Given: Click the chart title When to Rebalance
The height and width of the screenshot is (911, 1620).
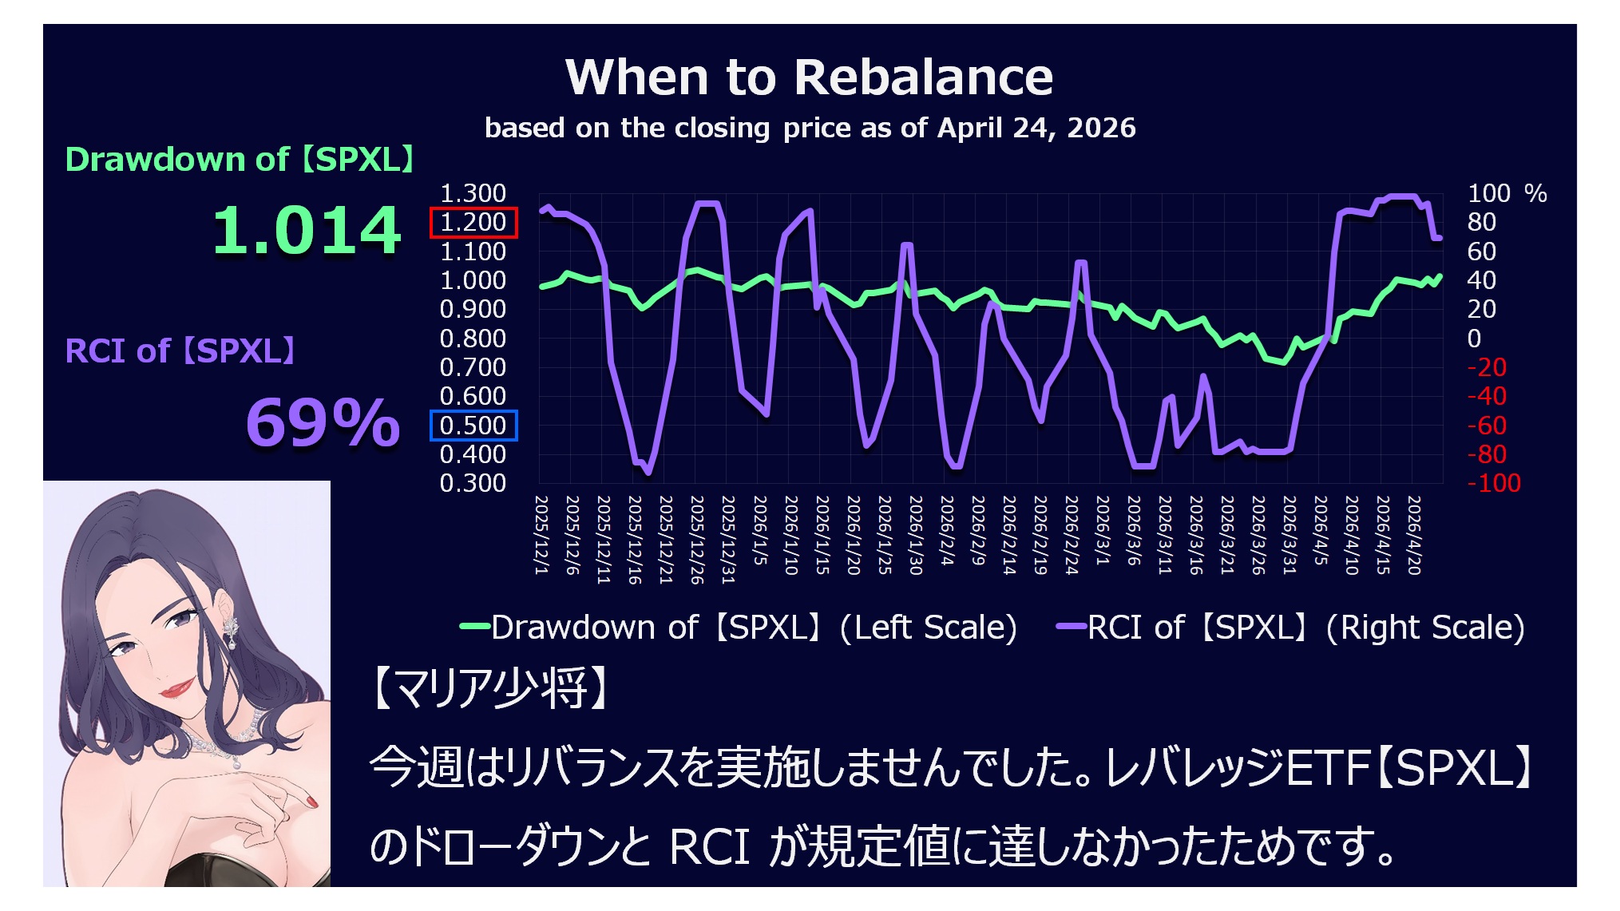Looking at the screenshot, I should (x=809, y=77).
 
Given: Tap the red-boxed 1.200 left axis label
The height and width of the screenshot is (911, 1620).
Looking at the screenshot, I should (x=473, y=222).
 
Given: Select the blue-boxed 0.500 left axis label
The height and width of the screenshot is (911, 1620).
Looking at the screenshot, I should (x=473, y=426).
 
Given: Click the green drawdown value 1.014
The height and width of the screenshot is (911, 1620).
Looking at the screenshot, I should (x=307, y=231).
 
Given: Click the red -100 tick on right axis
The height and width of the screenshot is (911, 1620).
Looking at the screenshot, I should (x=1494, y=483).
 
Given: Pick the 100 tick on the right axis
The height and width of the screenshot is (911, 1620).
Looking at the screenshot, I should (x=1488, y=193).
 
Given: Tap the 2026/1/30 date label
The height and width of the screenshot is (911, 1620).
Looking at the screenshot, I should (x=916, y=535).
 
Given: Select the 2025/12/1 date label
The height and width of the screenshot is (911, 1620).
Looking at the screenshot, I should (x=541, y=535).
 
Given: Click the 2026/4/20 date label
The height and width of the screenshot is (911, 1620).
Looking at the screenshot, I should (x=1414, y=535).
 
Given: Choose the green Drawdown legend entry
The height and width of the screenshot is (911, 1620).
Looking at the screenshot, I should (x=739, y=628).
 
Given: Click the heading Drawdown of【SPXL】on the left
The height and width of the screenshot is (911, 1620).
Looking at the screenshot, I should (x=240, y=160).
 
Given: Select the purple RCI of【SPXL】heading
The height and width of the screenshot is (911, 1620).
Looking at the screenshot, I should (x=180, y=351).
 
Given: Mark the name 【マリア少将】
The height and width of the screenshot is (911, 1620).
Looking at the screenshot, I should (x=490, y=688).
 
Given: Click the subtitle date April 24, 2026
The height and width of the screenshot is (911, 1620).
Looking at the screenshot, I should (x=1036, y=128).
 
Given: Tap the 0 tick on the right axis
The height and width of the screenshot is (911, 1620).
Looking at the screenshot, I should (x=1474, y=339).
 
